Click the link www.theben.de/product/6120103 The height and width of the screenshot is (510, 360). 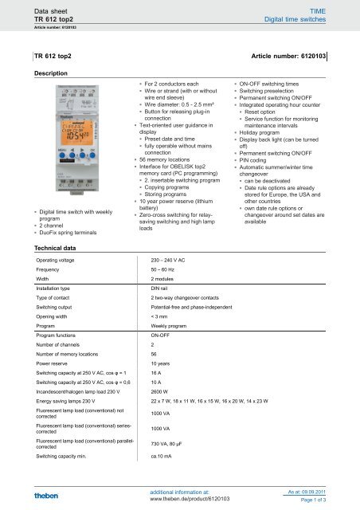click(x=190, y=498)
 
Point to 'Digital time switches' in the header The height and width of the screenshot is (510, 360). click(x=317, y=15)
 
